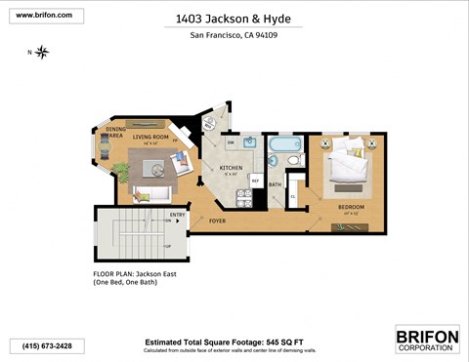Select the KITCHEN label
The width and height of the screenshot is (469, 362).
(231, 168)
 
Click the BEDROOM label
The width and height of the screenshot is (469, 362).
(351, 207)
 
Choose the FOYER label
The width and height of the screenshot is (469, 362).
(217, 221)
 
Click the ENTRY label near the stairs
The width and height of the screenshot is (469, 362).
(177, 215)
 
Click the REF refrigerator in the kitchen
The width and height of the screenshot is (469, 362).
(255, 181)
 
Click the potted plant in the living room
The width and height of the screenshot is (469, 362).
(144, 196)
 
